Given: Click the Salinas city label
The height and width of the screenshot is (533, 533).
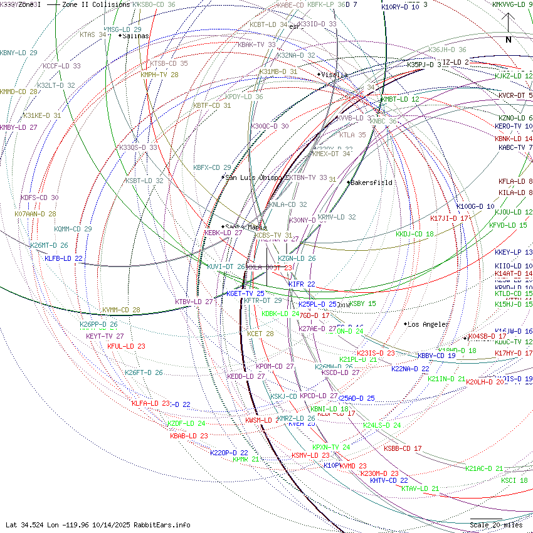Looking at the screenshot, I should pyautogui.click(x=135, y=36).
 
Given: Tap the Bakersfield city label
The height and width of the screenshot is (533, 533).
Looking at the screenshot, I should pyautogui.click(x=371, y=183).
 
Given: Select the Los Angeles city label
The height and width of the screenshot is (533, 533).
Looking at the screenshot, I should pyautogui.click(x=428, y=324).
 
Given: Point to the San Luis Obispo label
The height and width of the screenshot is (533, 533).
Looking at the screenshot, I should pyautogui.click(x=255, y=177).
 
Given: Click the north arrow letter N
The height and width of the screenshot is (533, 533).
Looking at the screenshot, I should pyautogui.click(x=509, y=40).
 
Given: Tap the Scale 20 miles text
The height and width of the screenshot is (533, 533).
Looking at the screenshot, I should pyautogui.click(x=496, y=525).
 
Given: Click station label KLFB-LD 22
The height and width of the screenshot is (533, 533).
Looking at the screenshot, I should pyautogui.click(x=64, y=258).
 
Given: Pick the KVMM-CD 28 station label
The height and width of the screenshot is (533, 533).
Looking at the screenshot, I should pyautogui.click(x=121, y=310).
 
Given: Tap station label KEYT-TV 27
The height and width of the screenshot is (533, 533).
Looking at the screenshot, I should pyautogui.click(x=105, y=336).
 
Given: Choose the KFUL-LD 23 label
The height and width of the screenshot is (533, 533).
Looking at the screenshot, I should pyautogui.click(x=126, y=346).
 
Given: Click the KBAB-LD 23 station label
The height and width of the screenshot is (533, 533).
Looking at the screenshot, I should pyautogui.click(x=189, y=436).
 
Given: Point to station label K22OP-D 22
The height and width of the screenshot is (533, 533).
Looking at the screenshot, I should pyautogui.click(x=229, y=453).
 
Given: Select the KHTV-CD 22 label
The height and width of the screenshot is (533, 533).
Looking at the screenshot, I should pyautogui.click(x=389, y=480).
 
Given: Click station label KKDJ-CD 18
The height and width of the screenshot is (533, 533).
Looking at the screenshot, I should pyautogui.click(x=414, y=235).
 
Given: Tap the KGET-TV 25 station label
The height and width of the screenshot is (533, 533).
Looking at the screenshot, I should pyautogui.click(x=245, y=293).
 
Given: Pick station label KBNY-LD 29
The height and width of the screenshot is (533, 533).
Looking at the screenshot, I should pyautogui.click(x=19, y=53).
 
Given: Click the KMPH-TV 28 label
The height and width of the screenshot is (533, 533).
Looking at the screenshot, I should pyautogui.click(x=159, y=75).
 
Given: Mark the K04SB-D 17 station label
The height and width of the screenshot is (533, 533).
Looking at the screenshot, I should pyautogui.click(x=487, y=336).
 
